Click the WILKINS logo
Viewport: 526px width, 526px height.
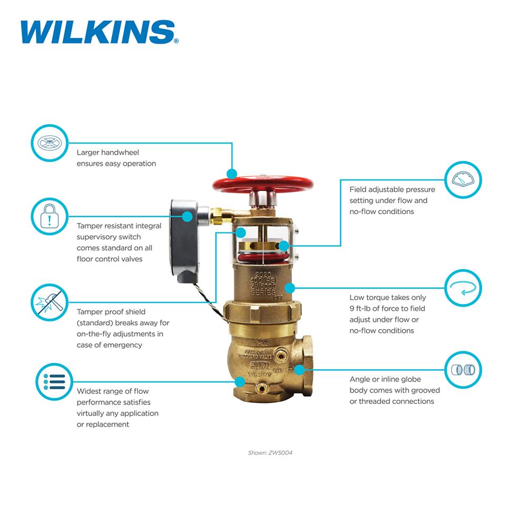[x=98, y=32]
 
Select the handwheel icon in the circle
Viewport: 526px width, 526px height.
[x=50, y=143]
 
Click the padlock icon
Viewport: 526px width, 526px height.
[x=50, y=216]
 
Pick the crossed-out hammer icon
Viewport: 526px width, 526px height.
[x=50, y=302]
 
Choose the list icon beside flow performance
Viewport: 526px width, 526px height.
[x=54, y=381]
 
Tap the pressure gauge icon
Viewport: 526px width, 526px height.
[x=463, y=180]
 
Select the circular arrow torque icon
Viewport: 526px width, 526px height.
[x=463, y=288]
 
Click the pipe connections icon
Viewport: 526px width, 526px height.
[x=463, y=370]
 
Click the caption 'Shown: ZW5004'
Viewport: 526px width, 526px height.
[x=270, y=453]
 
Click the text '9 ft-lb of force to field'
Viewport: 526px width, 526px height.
[x=387, y=309]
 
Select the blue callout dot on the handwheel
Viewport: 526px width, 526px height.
[x=232, y=174]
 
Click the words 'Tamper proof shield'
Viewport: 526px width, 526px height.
[x=111, y=312]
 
